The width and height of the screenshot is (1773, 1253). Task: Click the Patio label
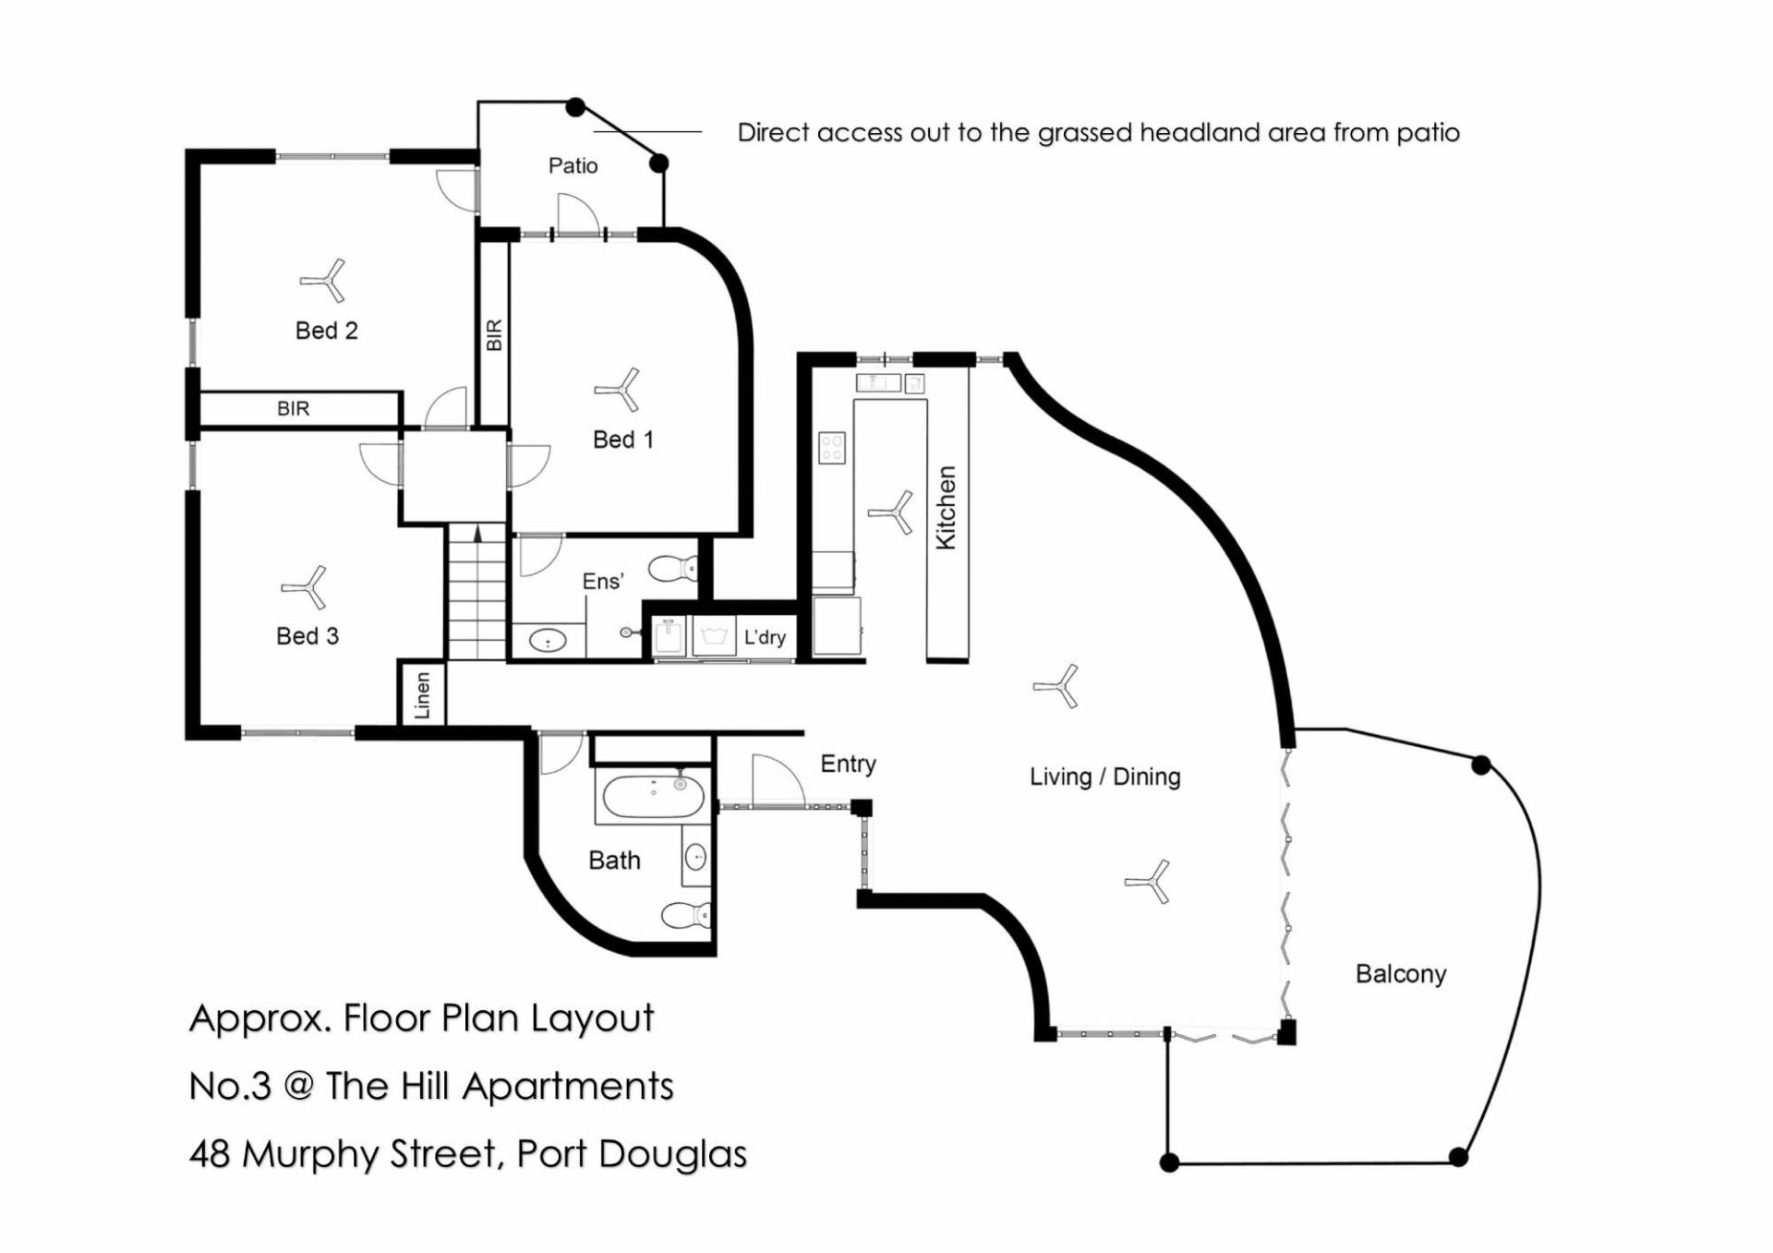[573, 166]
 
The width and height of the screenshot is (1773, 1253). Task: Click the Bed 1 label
[622, 440]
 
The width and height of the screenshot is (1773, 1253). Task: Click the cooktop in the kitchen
[832, 448]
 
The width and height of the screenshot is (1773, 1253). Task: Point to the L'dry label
[765, 637]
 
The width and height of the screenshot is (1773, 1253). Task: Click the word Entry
[848, 764]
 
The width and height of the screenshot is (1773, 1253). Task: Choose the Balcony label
[1400, 974]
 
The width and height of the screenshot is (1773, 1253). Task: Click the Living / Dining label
[1104, 777]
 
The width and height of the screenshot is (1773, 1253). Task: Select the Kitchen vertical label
[947, 508]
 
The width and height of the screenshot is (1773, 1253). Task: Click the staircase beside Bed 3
[476, 591]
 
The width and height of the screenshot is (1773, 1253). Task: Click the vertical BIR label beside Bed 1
[494, 334]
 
